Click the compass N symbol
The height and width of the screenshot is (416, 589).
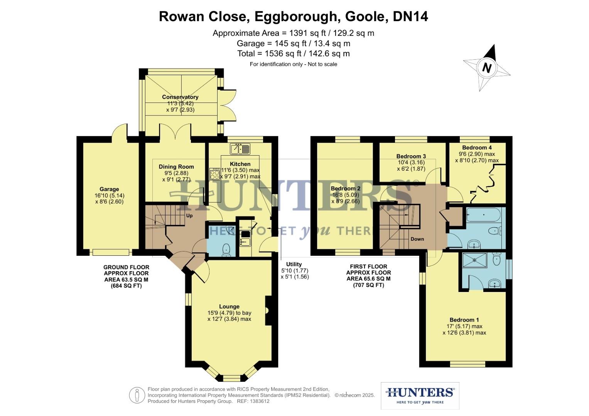[x=487, y=68]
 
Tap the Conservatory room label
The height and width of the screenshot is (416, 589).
[x=180, y=97]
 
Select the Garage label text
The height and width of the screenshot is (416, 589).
[x=109, y=189]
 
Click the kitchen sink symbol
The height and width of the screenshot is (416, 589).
[x=240, y=149]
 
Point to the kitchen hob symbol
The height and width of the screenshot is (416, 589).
[x=214, y=174]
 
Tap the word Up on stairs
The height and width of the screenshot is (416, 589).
[x=189, y=216]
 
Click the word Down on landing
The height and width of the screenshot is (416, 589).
[x=417, y=239]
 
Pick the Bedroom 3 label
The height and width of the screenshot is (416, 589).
[x=411, y=156]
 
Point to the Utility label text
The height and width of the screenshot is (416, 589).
[x=294, y=264]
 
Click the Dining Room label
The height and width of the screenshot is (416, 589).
[x=176, y=167]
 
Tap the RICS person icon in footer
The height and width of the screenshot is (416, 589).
[x=137, y=395]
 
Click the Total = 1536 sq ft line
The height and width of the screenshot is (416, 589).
[x=294, y=54]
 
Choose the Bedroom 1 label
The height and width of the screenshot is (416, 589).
[x=464, y=320]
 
